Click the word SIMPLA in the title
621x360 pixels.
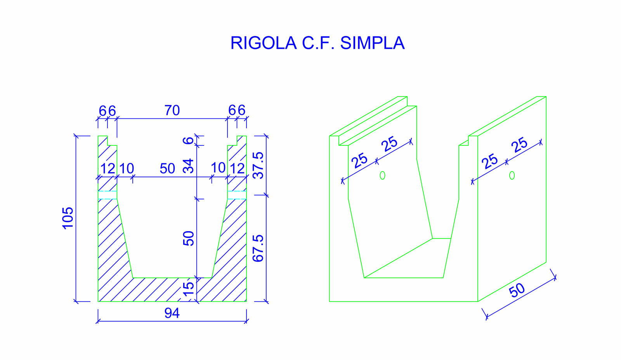[x=372, y=43]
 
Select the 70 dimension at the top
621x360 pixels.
[x=172, y=111]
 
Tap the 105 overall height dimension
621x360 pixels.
[x=68, y=218]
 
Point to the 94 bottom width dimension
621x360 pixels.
[x=172, y=313]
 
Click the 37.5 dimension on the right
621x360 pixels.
[x=258, y=165]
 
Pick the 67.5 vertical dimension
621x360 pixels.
[x=258, y=248]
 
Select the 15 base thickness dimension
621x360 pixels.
[x=188, y=289]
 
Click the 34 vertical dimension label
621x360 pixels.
[x=188, y=166]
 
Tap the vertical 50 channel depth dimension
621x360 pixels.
[x=188, y=238]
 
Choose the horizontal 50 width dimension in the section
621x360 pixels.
[x=167, y=169]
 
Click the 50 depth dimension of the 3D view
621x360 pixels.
[x=517, y=290]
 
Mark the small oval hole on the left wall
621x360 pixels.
[x=382, y=175]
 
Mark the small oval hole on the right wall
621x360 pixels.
[x=512, y=175]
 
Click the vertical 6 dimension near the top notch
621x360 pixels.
[x=188, y=140]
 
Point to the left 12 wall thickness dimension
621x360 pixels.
[x=108, y=169]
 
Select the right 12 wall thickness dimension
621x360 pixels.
[x=237, y=169]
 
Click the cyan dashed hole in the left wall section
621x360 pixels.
[x=108, y=195]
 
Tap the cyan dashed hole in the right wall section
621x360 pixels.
[x=237, y=195]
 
